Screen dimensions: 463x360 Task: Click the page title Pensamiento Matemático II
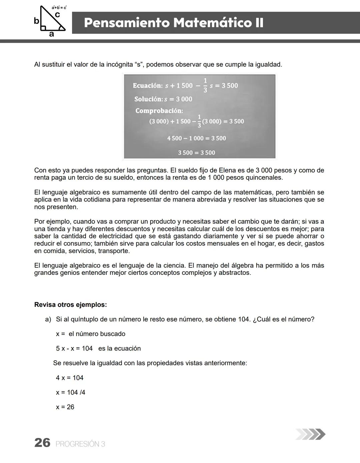click(174, 23)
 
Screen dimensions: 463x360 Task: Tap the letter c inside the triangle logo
click(57, 15)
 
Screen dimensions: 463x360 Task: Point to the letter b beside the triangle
click(36, 21)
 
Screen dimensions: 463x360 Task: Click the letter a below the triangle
click(51, 34)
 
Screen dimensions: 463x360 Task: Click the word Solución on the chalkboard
click(149, 99)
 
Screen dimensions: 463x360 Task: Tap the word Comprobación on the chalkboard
click(159, 111)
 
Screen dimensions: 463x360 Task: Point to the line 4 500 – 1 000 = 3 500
click(196, 138)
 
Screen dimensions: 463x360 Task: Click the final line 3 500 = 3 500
click(196, 153)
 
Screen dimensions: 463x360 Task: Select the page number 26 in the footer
click(42, 443)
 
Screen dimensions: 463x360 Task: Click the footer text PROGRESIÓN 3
click(80, 444)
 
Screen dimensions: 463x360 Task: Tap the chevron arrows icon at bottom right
click(310, 434)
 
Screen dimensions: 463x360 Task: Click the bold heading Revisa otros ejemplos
click(70, 305)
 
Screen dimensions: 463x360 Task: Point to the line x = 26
click(65, 407)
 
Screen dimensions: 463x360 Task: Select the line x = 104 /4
click(70, 392)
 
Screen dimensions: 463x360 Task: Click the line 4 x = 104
click(69, 378)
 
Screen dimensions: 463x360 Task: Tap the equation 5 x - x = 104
click(74, 349)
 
